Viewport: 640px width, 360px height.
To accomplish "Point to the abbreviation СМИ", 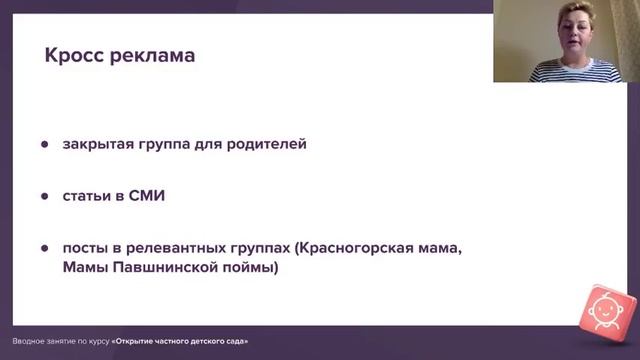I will (x=146, y=196).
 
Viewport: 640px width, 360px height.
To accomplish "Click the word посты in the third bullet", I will (x=85, y=248).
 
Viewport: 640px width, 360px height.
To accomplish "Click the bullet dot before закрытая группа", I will (x=45, y=144).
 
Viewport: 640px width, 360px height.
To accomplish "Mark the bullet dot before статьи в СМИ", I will (x=45, y=196).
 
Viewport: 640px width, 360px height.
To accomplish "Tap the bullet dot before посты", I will (x=45, y=248).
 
